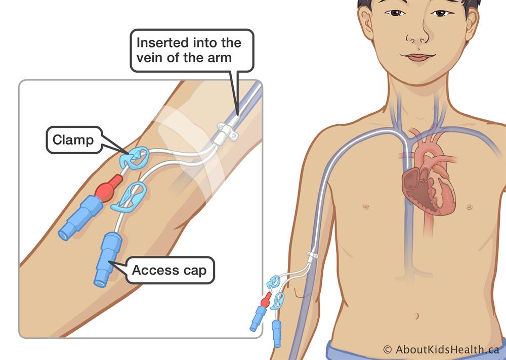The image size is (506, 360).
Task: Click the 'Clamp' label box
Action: (73, 140)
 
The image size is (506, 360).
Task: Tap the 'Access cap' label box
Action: (170, 270)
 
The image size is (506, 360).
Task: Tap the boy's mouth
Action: (418, 57)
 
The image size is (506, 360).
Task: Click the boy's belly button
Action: (416, 316)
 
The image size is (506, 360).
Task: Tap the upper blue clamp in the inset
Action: (134, 158)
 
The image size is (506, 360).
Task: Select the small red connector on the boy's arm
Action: (264, 301)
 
